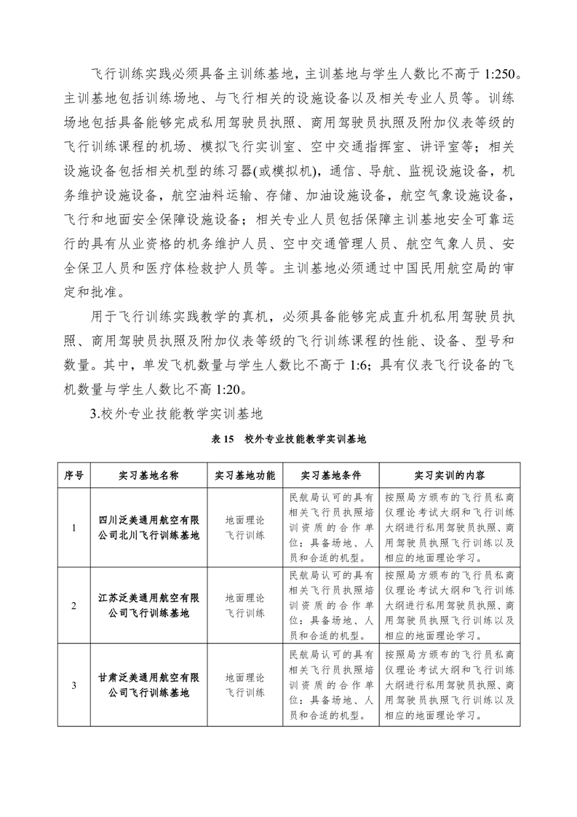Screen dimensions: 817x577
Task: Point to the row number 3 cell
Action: pyautogui.click(x=74, y=684)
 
